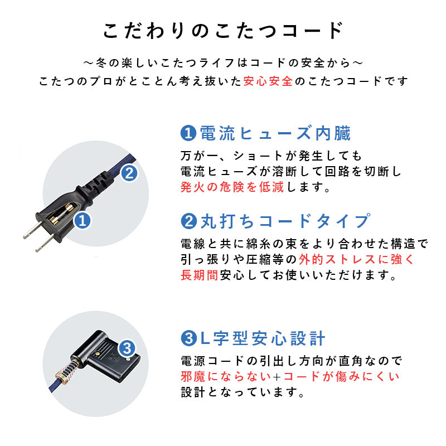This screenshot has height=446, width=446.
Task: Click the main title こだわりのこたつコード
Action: [x=223, y=30]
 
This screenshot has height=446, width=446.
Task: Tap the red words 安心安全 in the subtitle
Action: [x=268, y=81]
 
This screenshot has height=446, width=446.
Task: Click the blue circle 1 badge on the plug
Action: [x=82, y=221]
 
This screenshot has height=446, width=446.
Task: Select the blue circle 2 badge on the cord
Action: [x=129, y=173]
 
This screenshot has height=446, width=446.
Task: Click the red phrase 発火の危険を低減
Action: [x=232, y=187]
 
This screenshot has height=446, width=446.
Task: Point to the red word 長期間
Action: [x=199, y=275]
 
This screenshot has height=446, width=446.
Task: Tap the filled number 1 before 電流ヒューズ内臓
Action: [x=188, y=133]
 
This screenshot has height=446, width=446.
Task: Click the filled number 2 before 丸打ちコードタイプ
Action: [x=188, y=222]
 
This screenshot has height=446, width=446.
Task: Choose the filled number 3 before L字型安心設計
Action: [x=188, y=338]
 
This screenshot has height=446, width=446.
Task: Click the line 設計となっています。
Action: [x=243, y=392]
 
